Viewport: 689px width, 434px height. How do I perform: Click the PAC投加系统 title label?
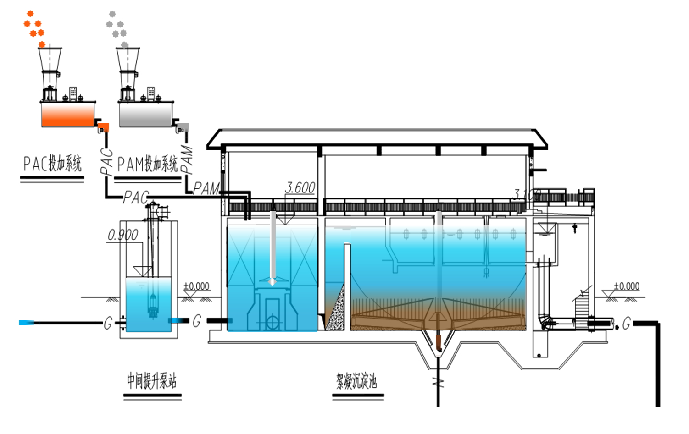pyautogui.click(x=52, y=164)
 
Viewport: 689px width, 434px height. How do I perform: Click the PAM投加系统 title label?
pyautogui.click(x=147, y=164)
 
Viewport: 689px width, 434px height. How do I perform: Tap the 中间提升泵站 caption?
pyautogui.click(x=152, y=380)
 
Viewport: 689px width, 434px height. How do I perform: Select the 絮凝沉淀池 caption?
pyautogui.click(x=356, y=380)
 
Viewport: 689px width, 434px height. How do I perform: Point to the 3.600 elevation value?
pyautogui.click(x=300, y=187)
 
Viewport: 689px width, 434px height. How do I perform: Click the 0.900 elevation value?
pyautogui.click(x=122, y=235)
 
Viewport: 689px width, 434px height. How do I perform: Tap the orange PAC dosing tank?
pyautogui.click(x=68, y=114)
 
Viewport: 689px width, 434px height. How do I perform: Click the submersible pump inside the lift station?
pyautogui.click(x=152, y=305)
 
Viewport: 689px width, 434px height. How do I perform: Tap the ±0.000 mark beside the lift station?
pyautogui.click(x=196, y=286)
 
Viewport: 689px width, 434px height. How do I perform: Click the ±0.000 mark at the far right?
pyautogui.click(x=627, y=286)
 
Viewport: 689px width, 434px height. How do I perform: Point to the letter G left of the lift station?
pyautogui.click(x=108, y=323)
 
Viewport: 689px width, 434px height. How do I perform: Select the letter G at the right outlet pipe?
pyautogui.click(x=626, y=324)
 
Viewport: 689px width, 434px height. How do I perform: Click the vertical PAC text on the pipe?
pyautogui.click(x=106, y=161)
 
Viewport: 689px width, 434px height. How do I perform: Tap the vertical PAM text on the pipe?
pyautogui.click(x=187, y=159)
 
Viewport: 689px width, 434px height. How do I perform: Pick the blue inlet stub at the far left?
pyautogui.click(x=26, y=323)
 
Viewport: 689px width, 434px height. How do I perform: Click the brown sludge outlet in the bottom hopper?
pyautogui.click(x=438, y=341)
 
